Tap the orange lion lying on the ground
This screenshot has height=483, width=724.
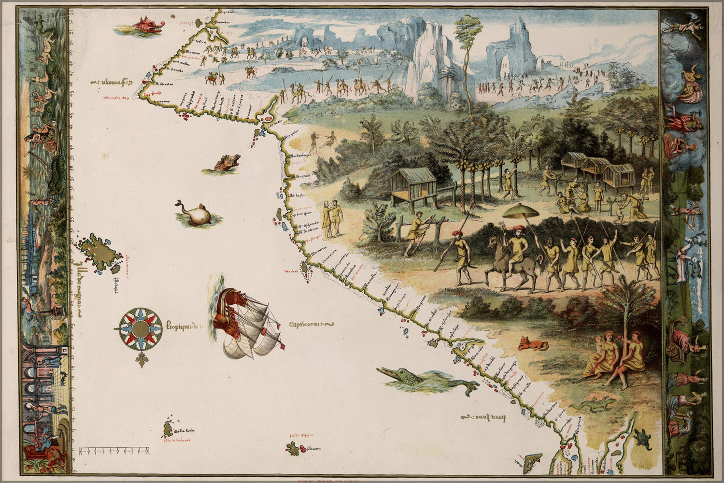533,344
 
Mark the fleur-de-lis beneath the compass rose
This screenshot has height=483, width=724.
141,359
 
